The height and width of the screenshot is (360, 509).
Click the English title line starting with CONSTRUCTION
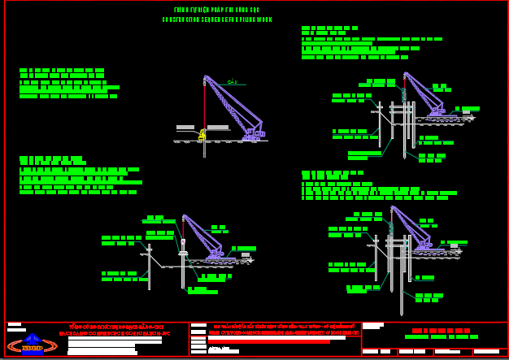point(217,20)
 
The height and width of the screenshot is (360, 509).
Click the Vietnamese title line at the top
point(217,10)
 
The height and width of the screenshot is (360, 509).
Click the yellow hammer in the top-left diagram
point(202,134)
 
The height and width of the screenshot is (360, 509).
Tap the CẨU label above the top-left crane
point(232,82)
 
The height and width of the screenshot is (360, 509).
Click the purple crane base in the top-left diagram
point(252,136)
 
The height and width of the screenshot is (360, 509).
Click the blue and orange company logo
point(33,345)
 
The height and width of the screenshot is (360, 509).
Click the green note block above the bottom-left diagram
point(78,176)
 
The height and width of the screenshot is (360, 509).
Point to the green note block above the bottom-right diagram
point(366,186)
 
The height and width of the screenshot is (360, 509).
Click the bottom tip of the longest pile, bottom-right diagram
point(401,314)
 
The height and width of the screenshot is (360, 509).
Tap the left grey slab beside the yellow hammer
point(185,128)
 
